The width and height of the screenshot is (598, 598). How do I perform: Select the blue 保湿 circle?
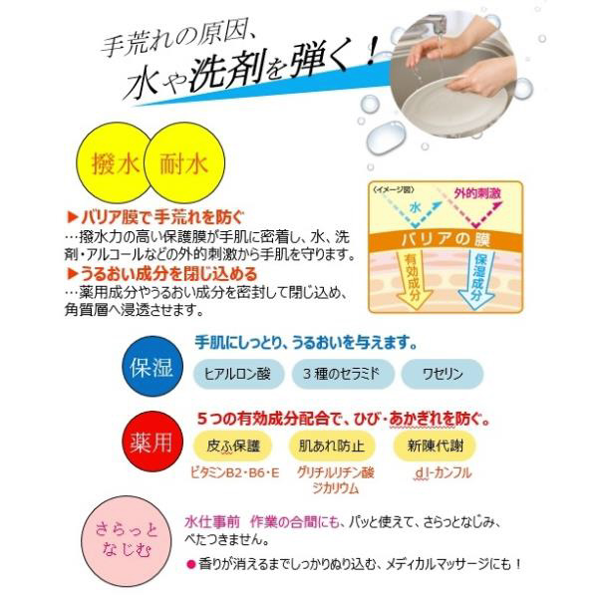tap(152, 366)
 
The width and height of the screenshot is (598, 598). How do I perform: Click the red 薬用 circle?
tap(152, 441)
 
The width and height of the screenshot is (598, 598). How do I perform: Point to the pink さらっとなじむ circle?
tap(127, 540)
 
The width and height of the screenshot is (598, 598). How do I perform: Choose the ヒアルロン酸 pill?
tap(238, 374)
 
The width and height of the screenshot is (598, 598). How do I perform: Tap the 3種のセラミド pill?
tap(342, 374)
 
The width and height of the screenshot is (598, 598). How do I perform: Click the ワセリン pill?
tap(443, 374)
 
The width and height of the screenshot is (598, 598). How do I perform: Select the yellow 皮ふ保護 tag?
tap(233, 446)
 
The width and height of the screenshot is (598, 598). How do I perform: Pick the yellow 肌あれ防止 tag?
tap(332, 446)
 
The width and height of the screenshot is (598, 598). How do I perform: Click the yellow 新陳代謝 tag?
tap(435, 446)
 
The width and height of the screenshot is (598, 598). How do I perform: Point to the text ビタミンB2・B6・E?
tap(235, 473)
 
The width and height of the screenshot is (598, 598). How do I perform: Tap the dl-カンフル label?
tap(443, 472)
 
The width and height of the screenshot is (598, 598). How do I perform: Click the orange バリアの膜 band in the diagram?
tap(446, 240)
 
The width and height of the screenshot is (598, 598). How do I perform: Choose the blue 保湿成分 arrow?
tap(477, 279)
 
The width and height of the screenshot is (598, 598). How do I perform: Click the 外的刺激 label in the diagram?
tap(477, 193)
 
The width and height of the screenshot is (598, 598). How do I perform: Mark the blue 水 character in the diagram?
tap(416, 207)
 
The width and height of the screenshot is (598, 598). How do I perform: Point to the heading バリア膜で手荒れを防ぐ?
tap(155, 217)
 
